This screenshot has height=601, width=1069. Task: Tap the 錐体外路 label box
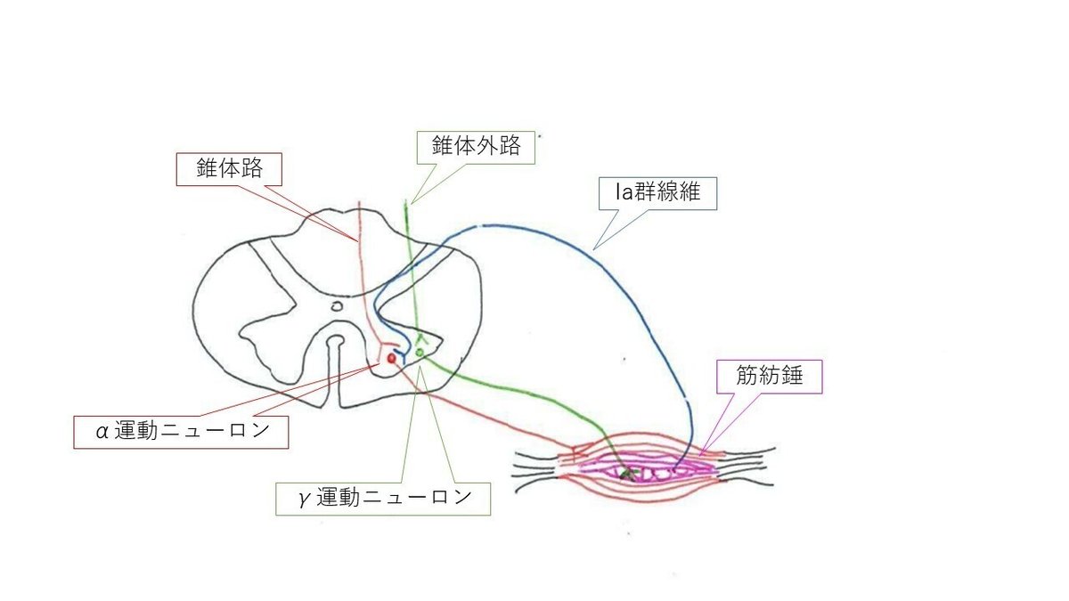point(476,146)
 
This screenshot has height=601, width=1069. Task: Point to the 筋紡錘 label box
point(770,377)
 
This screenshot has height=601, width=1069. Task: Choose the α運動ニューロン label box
point(183,432)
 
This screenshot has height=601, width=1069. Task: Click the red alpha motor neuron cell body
point(391,357)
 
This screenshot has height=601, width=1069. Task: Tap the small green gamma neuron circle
point(419,353)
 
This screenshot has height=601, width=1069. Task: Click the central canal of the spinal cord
point(336,306)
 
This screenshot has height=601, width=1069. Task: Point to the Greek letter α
point(102,433)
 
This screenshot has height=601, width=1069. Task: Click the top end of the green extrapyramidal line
point(406,203)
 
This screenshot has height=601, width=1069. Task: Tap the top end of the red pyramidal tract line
point(359,204)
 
